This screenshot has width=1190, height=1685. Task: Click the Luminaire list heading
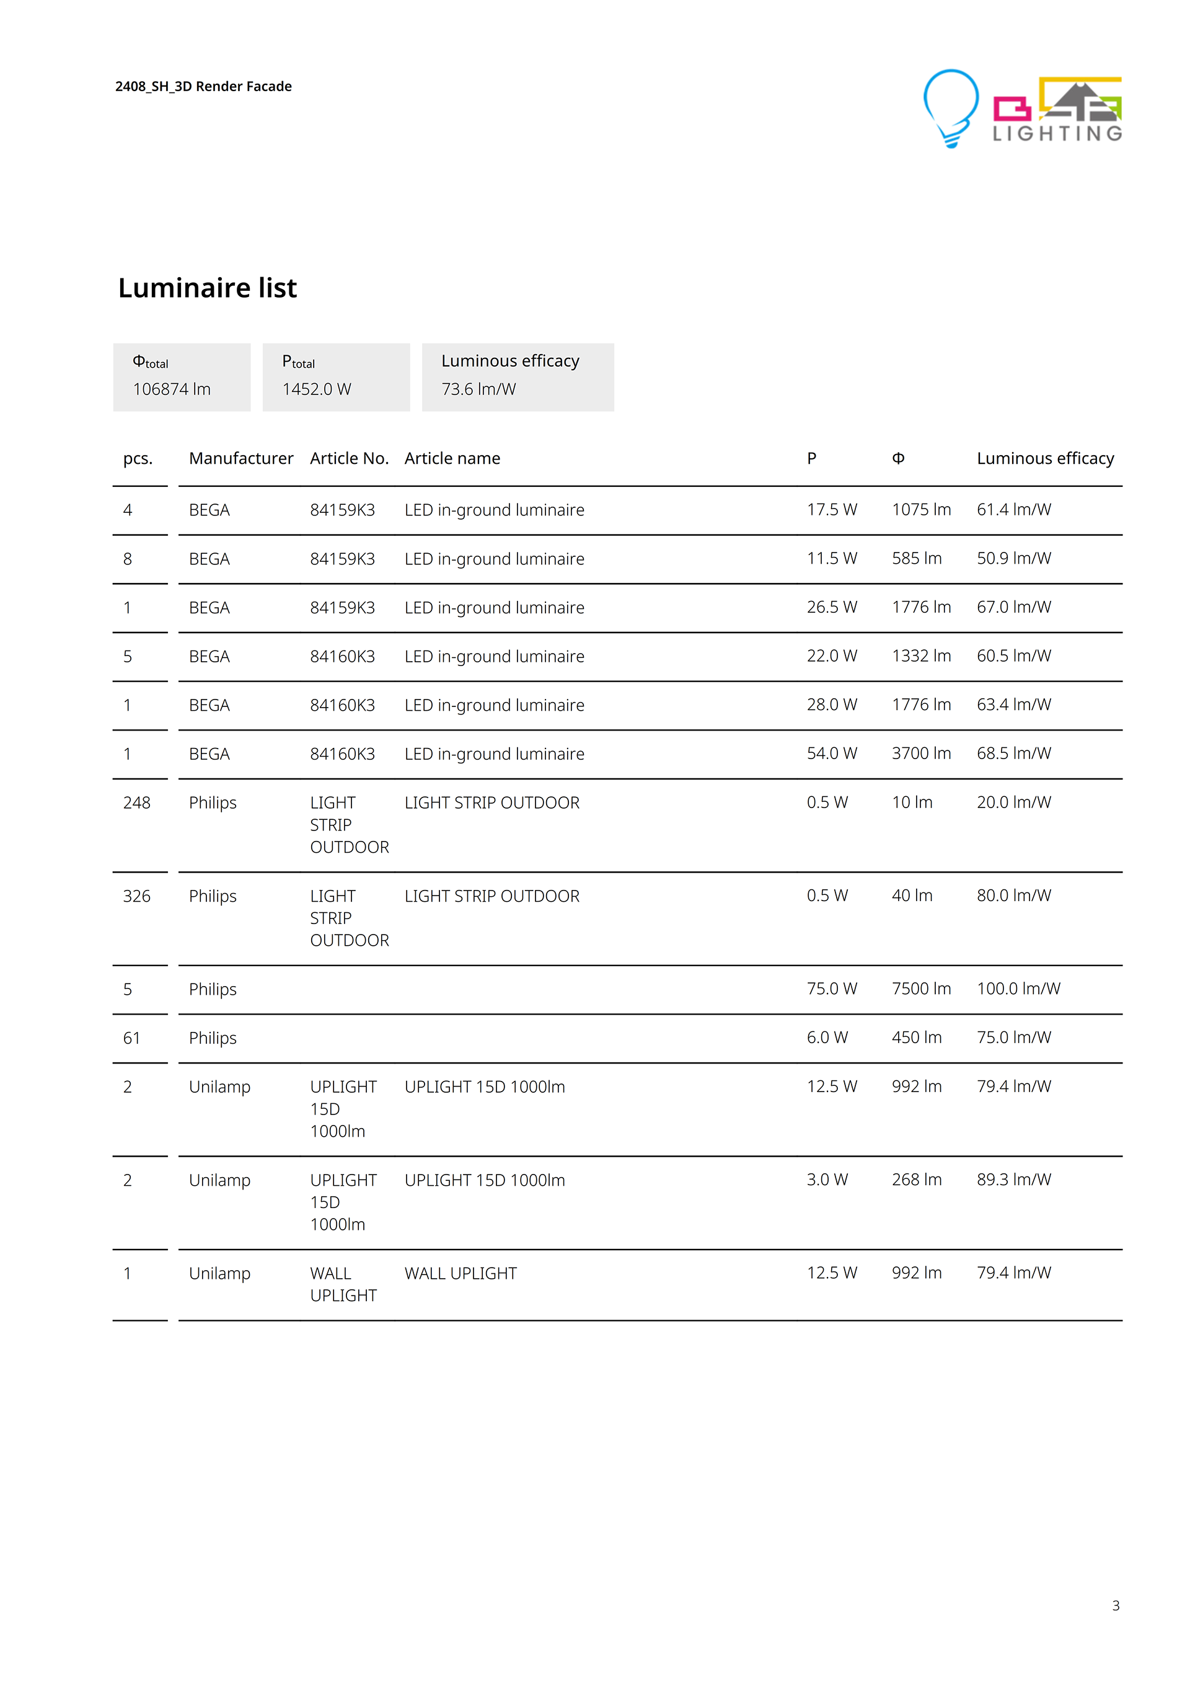point(208,288)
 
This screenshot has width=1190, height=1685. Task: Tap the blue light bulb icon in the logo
point(950,107)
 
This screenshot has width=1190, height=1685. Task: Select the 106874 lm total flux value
point(172,389)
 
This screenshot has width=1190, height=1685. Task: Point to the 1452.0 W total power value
point(317,389)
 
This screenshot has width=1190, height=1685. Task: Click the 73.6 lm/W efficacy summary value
point(478,389)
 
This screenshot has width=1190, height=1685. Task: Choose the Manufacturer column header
point(240,459)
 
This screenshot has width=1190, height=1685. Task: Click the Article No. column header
point(349,459)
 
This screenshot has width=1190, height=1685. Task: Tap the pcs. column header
point(138,459)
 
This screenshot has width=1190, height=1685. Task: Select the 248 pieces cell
point(136,803)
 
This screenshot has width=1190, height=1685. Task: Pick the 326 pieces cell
point(136,896)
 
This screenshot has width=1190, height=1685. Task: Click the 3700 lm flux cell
point(921,754)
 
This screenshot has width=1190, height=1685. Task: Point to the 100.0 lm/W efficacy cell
point(1018,989)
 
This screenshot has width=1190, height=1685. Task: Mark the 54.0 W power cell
point(832,754)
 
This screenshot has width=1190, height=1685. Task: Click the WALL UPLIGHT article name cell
point(461,1273)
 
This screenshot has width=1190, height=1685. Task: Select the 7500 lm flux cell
point(921,989)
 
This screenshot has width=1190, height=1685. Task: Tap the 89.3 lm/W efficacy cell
point(1014,1180)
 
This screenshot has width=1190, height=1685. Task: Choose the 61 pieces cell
point(131,1038)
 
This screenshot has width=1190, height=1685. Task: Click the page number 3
point(1115,1606)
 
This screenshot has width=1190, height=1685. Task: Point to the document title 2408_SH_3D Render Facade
point(203,87)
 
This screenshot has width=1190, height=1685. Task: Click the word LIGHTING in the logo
point(1057,133)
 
